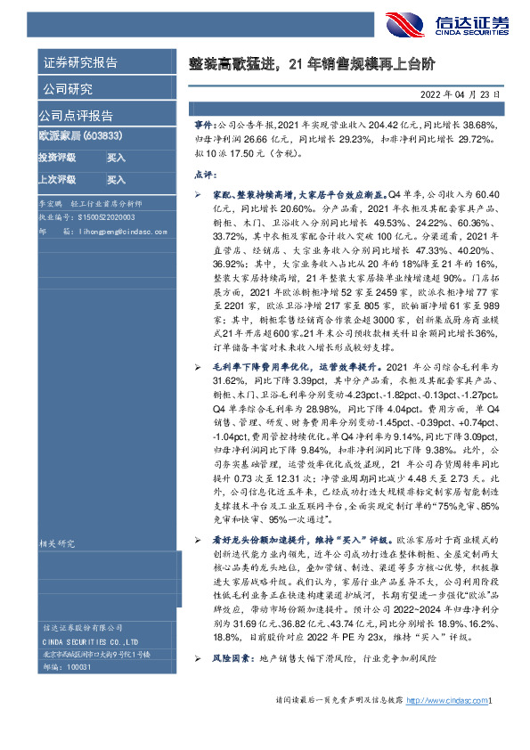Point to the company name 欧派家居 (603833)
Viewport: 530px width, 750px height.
[x=80, y=136]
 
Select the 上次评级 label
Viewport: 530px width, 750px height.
[x=58, y=179]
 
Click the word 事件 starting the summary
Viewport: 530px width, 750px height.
[x=204, y=127]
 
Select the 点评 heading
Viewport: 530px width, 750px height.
[x=203, y=175]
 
